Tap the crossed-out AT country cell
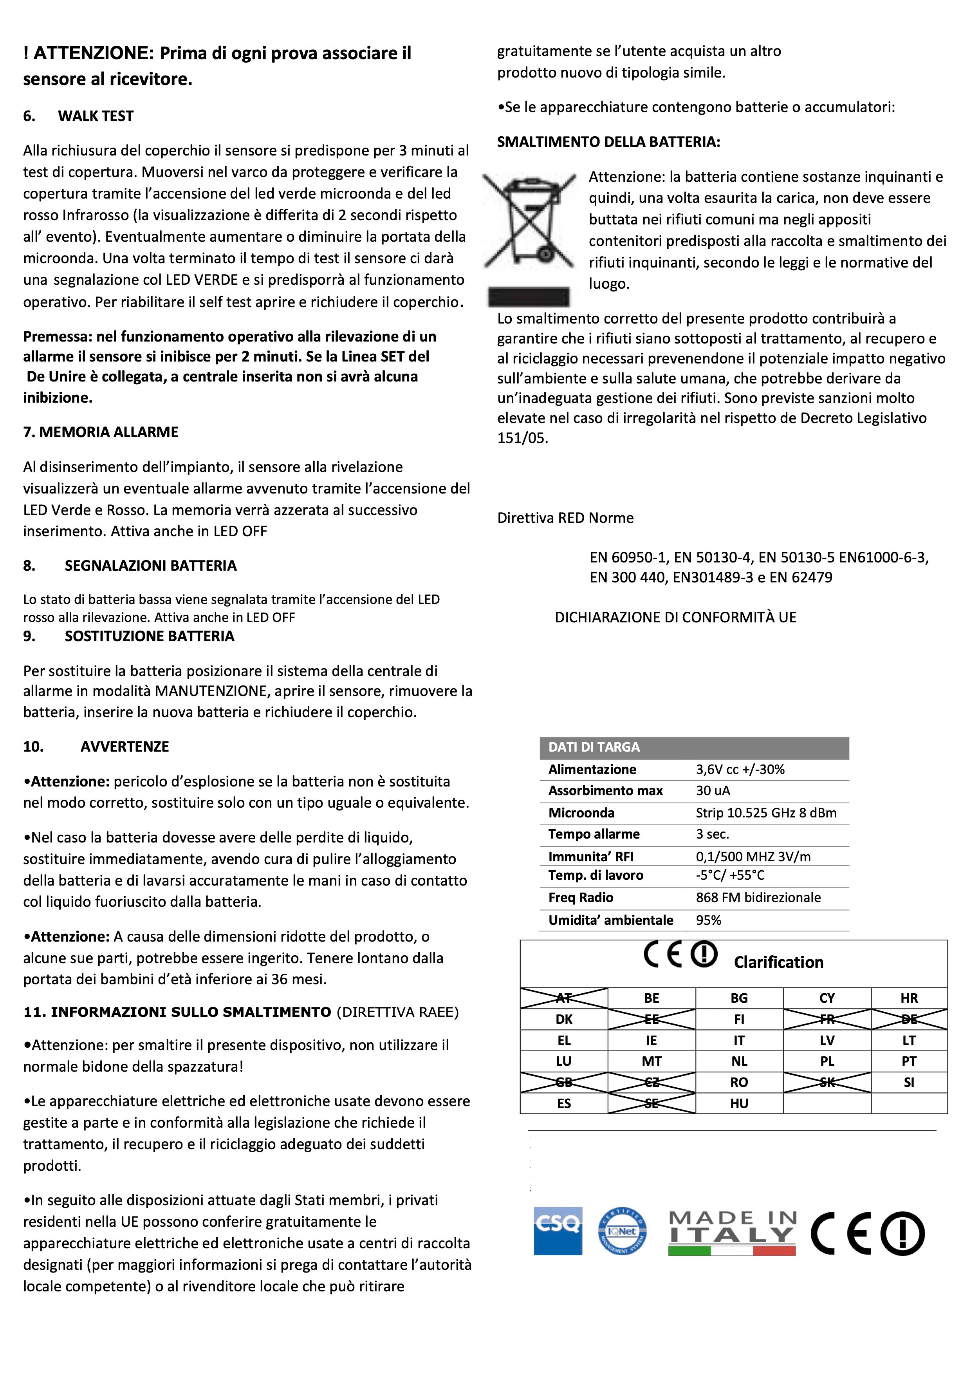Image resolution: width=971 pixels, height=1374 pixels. [x=563, y=998]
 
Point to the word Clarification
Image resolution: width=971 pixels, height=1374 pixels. [x=778, y=962]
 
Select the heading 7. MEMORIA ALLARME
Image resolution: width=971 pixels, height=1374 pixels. [x=101, y=432]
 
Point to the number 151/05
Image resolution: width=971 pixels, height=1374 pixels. [x=522, y=438]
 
